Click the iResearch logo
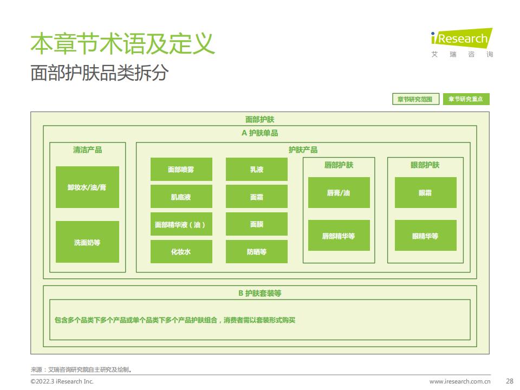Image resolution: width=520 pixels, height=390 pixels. pos(461,42)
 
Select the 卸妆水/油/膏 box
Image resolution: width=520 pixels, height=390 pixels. pos(87,187)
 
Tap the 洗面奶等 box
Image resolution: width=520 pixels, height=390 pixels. pos(87,242)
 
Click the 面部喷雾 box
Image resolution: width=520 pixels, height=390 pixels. pos(181,170)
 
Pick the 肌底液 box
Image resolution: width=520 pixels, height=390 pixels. pos(181,197)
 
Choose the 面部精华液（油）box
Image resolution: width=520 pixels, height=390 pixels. pos(181,224)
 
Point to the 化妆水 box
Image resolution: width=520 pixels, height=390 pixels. pos(181,252)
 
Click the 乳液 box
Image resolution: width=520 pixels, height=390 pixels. pos(257,170)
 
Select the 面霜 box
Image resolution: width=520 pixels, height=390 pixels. pos(257,197)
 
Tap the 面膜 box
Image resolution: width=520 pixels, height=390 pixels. pos(257,224)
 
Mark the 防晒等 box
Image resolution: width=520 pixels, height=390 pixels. pos(257,252)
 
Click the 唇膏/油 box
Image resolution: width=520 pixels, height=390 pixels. pos(339,193)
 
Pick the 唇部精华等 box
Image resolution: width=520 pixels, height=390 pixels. pos(339,236)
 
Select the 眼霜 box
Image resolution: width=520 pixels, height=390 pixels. pos(426,193)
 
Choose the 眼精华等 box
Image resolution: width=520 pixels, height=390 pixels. pos(426,236)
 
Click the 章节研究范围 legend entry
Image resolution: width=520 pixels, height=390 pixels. pos(416,99)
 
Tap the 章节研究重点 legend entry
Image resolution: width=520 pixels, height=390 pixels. pos(466,99)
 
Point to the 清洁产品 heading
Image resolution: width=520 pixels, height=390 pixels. pos(88,150)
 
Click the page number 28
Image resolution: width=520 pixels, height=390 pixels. pos(510,381)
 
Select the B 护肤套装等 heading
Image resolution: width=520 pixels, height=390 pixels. pos(259,293)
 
